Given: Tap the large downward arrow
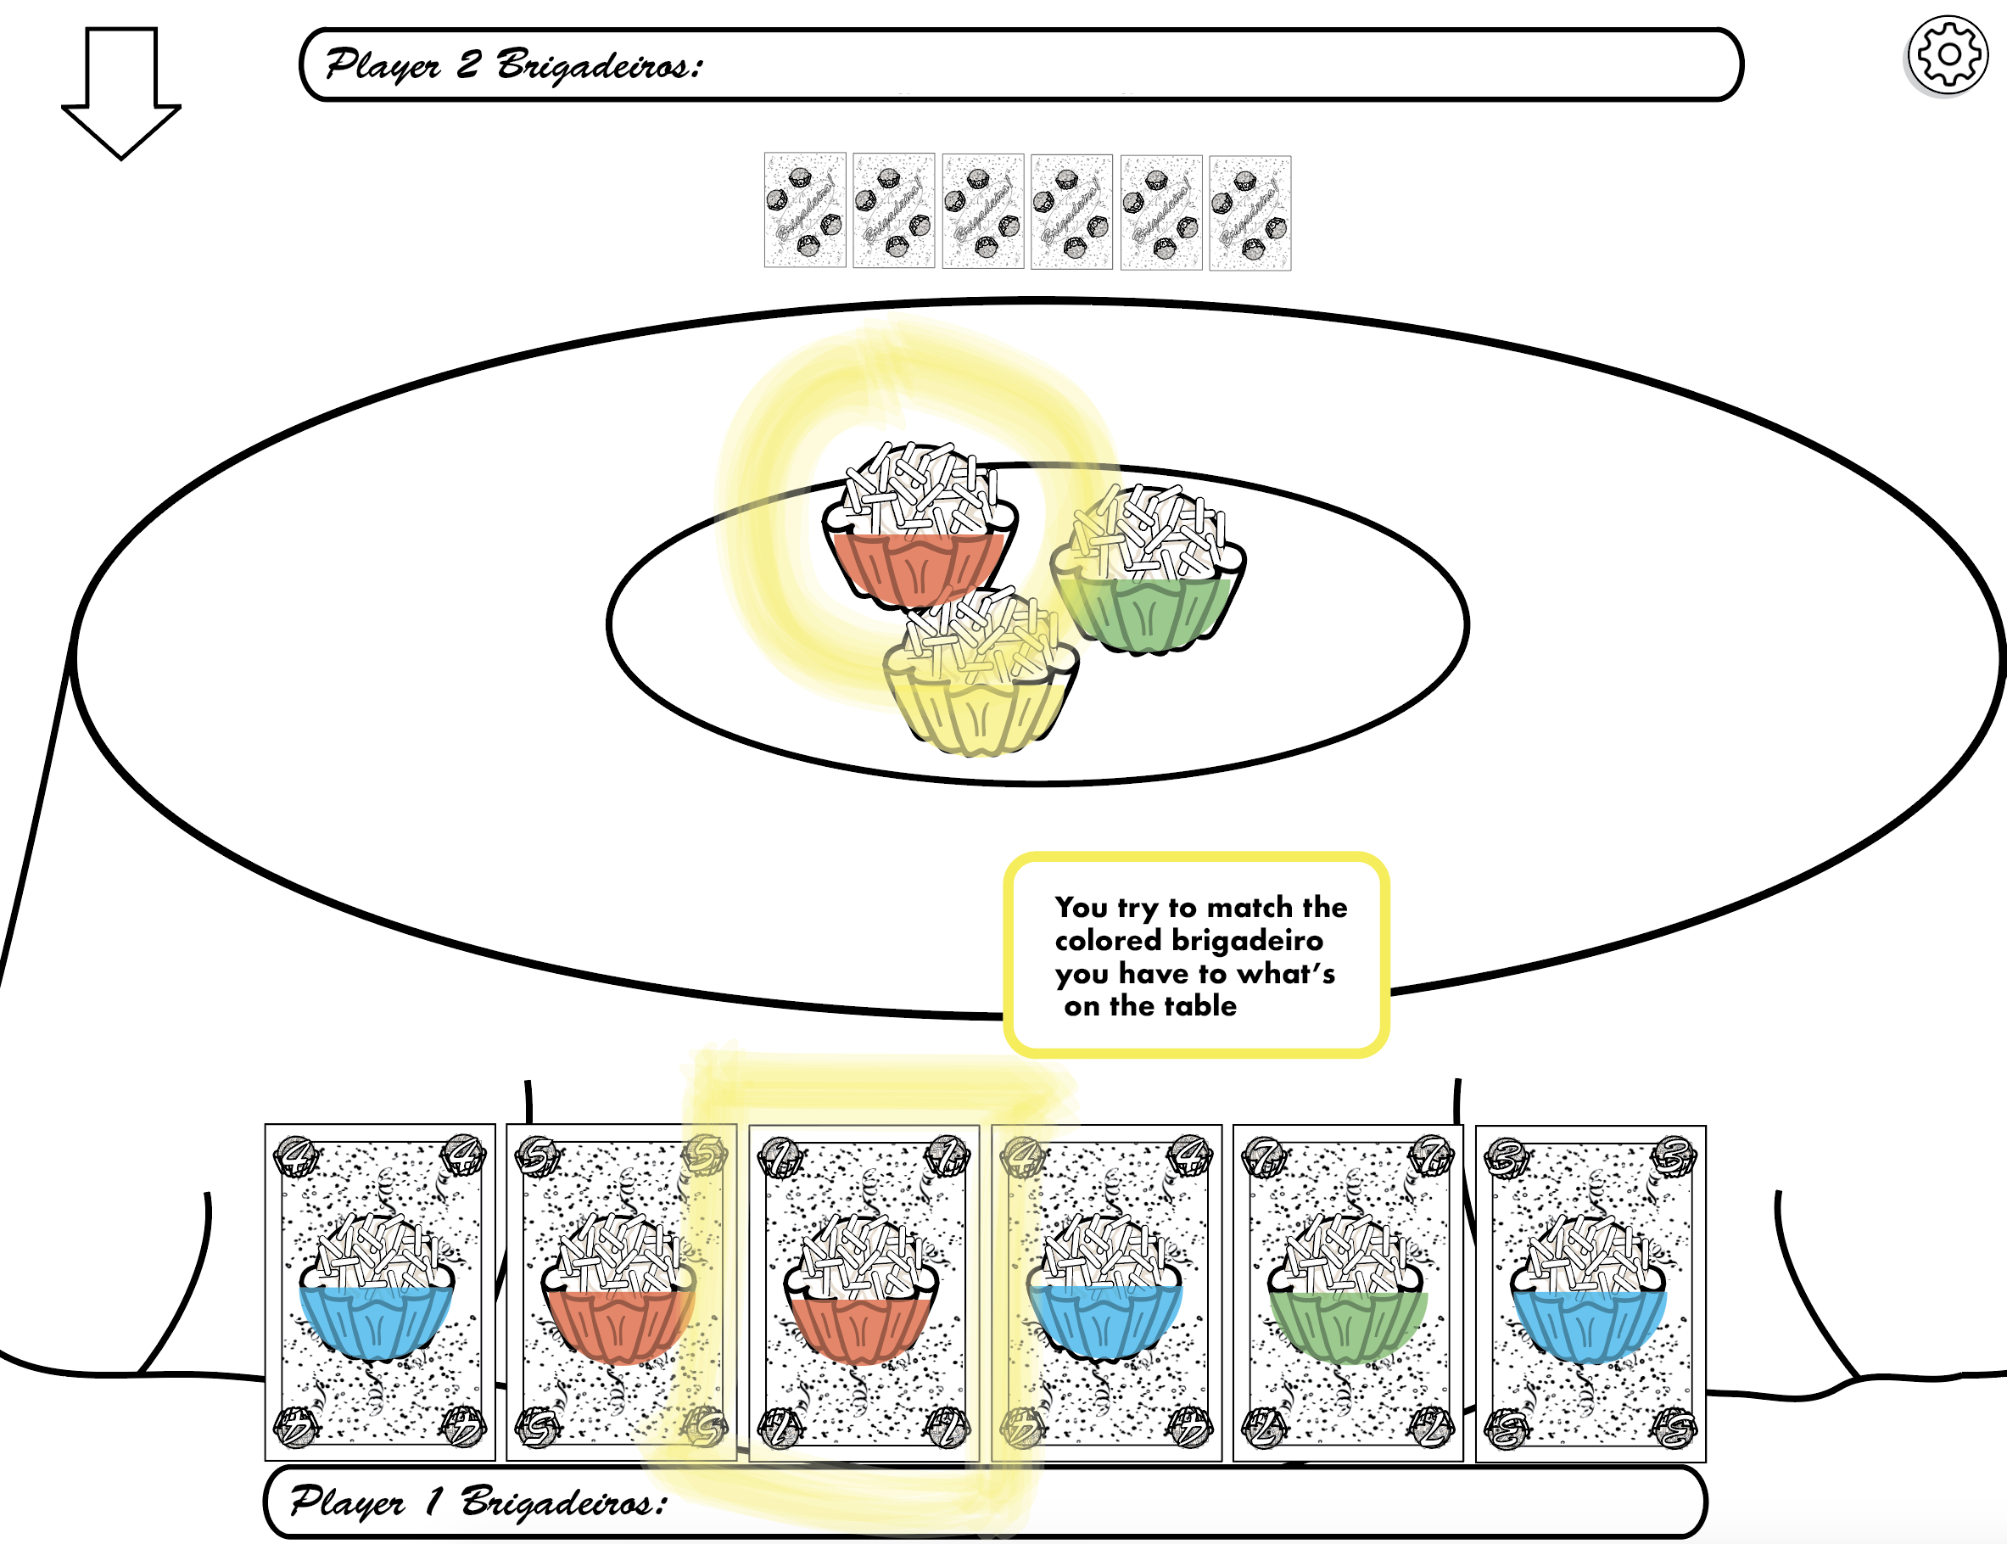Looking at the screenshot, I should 121,92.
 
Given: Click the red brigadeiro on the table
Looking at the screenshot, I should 920,533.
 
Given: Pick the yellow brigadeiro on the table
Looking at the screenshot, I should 981,680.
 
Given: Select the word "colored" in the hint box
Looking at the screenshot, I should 1108,941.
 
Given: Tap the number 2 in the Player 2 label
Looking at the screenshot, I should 468,64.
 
